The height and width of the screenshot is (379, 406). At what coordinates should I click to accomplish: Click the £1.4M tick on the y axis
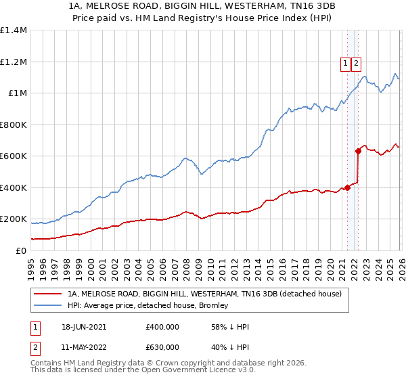point(14,30)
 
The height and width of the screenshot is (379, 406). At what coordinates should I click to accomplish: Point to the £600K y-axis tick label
point(14,156)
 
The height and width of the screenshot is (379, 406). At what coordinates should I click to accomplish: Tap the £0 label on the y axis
point(21,250)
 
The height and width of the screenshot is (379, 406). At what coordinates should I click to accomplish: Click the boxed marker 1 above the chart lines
point(346,64)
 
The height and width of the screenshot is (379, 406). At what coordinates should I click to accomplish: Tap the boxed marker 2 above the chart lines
point(357,64)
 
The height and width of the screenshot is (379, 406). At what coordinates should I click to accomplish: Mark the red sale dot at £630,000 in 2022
point(358,152)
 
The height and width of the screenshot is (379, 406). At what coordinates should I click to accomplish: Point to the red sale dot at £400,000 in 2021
point(347,187)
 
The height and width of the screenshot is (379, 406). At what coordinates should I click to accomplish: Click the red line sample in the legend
point(48,294)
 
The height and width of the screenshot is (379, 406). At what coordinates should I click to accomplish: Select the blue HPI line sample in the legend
point(48,305)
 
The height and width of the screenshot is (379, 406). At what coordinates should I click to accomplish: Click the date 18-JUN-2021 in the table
point(84,327)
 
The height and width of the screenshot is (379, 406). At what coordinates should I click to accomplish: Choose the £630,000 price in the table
point(162,347)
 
